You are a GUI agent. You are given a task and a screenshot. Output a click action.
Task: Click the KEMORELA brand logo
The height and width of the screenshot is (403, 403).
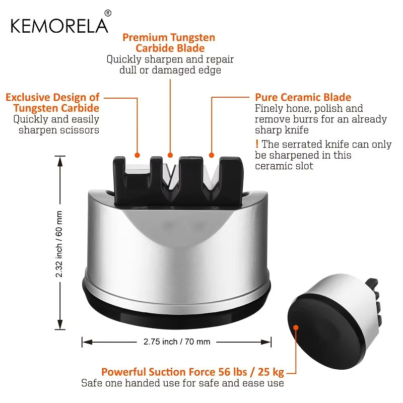pyautogui.click(x=59, y=26)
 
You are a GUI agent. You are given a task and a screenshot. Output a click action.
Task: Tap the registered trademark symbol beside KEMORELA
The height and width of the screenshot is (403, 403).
pyautogui.click(x=108, y=13)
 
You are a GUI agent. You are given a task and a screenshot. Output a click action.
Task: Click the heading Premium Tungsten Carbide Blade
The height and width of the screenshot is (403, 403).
pyautogui.click(x=169, y=43)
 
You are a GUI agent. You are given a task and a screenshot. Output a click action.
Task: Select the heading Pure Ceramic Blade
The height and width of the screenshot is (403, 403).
pyautogui.click(x=303, y=97)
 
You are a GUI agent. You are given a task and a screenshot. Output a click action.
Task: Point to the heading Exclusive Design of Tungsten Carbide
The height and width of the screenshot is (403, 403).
pyautogui.click(x=53, y=103)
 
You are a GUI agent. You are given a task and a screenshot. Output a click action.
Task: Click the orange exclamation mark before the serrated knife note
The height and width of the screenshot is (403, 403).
pyautogui.click(x=257, y=144)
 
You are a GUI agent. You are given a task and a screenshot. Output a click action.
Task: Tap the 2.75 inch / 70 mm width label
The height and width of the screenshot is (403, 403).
pyautogui.click(x=177, y=342)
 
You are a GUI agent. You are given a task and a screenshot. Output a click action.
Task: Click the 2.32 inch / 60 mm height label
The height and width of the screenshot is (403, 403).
pyautogui.click(x=59, y=244)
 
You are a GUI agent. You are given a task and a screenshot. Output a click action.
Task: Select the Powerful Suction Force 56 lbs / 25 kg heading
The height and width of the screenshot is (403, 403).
pyautogui.click(x=192, y=372)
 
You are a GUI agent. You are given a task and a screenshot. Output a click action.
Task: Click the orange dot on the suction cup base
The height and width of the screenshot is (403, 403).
pyautogui.click(x=296, y=327)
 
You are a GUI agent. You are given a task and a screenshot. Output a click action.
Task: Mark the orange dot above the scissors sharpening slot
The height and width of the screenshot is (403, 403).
pyautogui.click(x=137, y=155)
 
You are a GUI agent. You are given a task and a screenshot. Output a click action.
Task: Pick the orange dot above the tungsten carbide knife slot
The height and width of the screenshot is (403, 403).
pyautogui.click(x=170, y=155)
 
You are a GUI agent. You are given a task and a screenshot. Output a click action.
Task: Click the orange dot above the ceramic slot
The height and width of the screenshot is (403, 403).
pyautogui.click(x=212, y=155)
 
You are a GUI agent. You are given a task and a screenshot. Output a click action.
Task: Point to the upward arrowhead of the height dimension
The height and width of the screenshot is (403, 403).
pyautogui.click(x=60, y=161)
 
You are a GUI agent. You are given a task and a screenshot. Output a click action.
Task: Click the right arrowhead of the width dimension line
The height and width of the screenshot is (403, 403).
pyautogui.click(x=266, y=342)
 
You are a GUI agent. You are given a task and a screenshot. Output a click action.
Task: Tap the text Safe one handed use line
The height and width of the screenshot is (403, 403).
pyautogui.click(x=183, y=383)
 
